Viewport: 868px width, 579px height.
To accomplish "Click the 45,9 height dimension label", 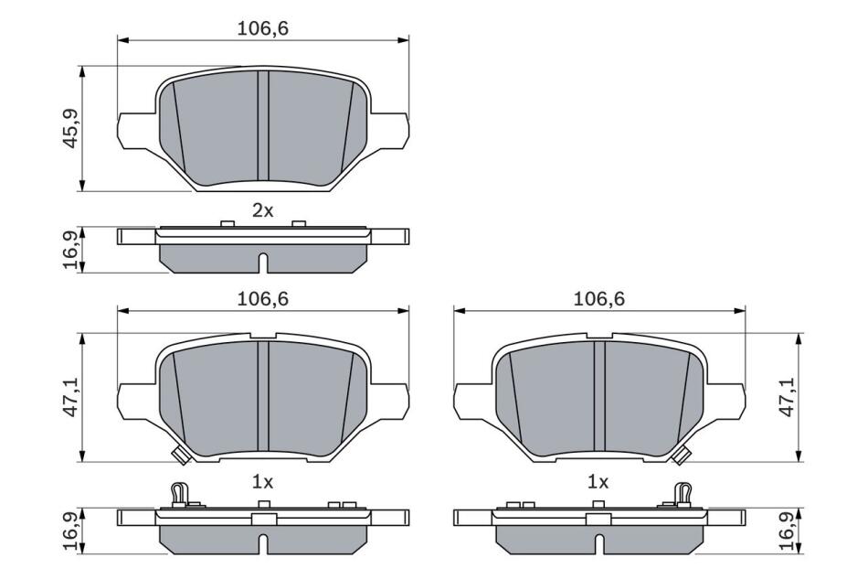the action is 71,129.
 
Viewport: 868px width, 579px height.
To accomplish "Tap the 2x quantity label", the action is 263,210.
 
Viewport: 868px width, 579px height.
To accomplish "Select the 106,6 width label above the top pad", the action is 263,28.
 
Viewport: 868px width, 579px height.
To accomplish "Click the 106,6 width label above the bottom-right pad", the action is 599,299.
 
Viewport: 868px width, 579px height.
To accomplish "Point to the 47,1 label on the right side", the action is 787,397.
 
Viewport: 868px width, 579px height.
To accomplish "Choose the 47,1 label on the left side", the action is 71,397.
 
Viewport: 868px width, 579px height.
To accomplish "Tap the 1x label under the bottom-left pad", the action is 263,483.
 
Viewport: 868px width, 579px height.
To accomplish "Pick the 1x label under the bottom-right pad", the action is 598,483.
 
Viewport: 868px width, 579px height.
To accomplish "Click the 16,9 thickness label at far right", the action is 787,531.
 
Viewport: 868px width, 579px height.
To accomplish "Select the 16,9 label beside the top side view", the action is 71,250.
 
